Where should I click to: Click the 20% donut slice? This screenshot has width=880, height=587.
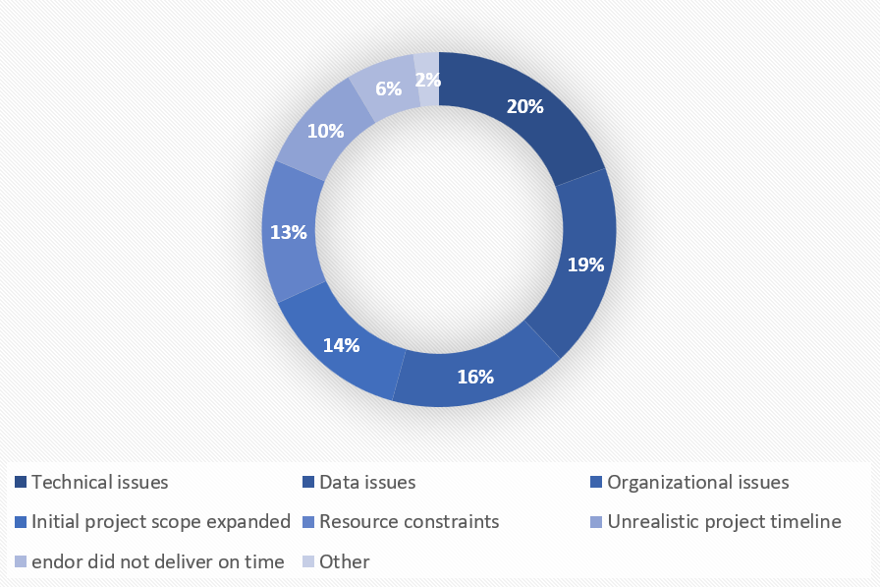coord(525,108)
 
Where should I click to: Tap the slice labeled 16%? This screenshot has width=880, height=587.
coord(474,376)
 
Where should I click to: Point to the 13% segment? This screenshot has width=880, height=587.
coord(291,232)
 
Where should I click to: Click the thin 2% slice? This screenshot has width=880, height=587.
coord(427,78)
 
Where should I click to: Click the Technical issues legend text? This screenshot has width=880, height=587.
coord(100,482)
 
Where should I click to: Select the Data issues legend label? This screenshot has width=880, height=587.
coord(367,482)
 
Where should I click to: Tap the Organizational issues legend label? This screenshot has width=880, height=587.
coord(697,482)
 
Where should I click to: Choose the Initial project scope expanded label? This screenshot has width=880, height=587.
coord(161,521)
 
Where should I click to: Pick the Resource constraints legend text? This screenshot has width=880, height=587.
coord(409,521)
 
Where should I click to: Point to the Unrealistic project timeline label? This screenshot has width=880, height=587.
coord(724,521)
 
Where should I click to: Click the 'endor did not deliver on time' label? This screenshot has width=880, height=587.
coord(157,561)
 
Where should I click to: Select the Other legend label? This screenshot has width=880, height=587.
coord(344,561)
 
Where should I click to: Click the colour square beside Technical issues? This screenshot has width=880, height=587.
coord(21,483)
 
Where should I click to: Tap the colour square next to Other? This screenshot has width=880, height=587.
coord(308,562)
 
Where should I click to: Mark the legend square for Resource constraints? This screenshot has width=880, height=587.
coord(308,522)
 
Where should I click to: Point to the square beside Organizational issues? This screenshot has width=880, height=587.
coord(596,483)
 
